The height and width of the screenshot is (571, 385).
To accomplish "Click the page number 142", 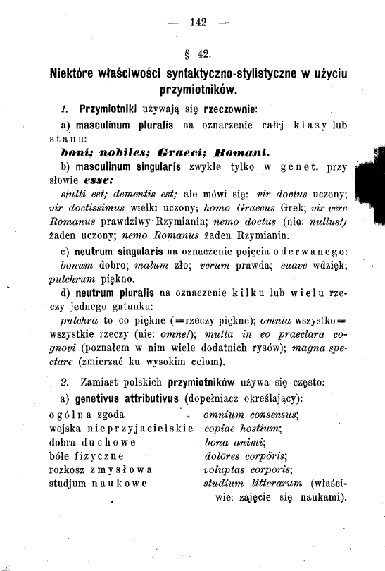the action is tap(197, 22).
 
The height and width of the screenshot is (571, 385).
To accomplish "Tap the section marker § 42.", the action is tap(197, 53).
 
